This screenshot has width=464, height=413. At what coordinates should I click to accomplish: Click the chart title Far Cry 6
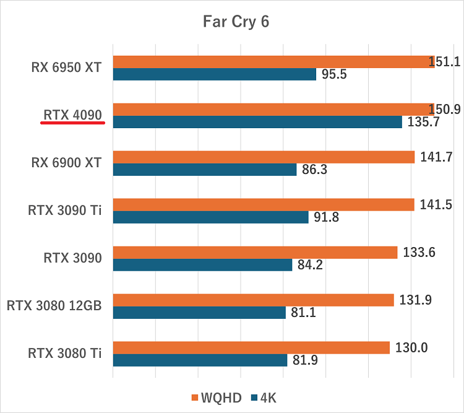(236, 22)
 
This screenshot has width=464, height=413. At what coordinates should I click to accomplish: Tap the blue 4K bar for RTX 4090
(257, 122)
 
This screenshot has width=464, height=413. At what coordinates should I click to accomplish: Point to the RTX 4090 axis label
(72, 115)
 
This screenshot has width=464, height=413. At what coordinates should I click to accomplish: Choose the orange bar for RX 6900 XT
(264, 157)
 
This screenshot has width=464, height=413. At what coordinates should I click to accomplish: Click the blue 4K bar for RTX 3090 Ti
(210, 217)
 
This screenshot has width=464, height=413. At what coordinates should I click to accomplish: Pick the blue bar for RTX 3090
(202, 265)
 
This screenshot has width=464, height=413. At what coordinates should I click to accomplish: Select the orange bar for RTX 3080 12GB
(253, 300)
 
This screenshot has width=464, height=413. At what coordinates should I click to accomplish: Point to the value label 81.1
(303, 313)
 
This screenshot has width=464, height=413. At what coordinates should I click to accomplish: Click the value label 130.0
(411, 348)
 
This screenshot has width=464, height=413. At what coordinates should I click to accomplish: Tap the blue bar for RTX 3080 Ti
(200, 360)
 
